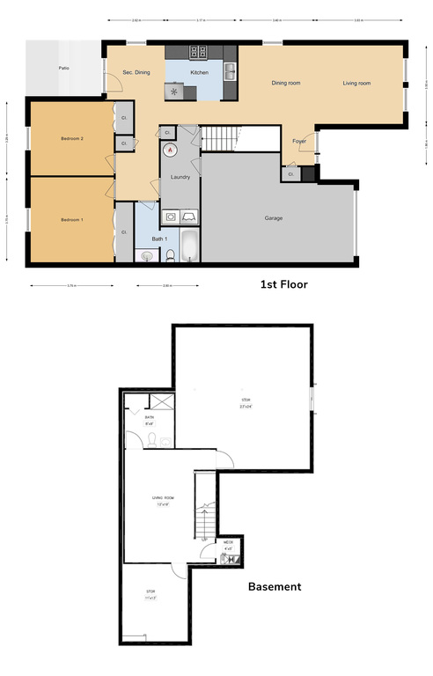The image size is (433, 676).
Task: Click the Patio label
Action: point(64,68)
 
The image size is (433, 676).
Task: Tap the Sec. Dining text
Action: point(136,72)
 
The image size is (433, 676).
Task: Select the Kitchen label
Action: point(200,72)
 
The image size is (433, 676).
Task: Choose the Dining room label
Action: point(286,83)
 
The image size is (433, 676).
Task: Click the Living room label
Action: point(356,83)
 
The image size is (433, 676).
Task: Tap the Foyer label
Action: point(299,141)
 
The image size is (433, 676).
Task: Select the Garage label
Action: point(274,217)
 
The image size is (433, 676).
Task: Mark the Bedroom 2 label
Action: point(71,139)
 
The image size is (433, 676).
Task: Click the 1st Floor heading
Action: point(283,284)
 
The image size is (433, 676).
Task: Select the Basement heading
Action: point(275,586)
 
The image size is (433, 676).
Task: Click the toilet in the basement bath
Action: point(151,438)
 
